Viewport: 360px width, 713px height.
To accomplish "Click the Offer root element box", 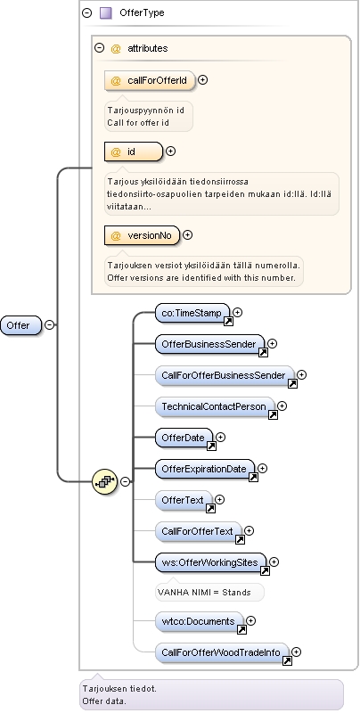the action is tap(20, 325).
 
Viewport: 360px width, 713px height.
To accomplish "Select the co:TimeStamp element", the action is tap(192, 314).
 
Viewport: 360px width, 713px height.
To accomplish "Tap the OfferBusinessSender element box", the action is tap(209, 344).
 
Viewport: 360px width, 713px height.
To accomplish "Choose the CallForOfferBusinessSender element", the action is tap(225, 375).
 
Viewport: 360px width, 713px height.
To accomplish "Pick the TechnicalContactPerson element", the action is tap(215, 406).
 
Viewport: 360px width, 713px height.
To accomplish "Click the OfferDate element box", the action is tap(184, 438).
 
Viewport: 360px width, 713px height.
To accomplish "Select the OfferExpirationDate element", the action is tap(205, 469).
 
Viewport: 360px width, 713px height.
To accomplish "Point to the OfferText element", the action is tap(184, 500).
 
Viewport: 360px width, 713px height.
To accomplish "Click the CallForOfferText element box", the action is tap(198, 531).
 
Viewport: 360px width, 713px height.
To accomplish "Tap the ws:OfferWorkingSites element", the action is tap(210, 562).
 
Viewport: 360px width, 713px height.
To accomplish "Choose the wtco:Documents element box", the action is tap(199, 621).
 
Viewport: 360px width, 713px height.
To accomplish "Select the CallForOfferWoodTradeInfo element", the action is tap(222, 653).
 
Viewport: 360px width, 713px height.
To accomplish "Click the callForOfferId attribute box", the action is tap(150, 81).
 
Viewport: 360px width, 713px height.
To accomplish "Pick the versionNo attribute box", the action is tap(142, 235).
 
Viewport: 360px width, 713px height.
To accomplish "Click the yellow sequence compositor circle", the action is tap(104, 481).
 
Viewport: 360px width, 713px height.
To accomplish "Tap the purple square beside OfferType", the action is tap(105, 12).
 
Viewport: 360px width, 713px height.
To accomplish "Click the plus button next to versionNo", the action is tap(187, 234).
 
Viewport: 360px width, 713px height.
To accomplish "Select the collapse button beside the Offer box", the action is tap(50, 324).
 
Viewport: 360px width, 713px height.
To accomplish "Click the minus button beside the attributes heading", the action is tap(99, 48).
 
